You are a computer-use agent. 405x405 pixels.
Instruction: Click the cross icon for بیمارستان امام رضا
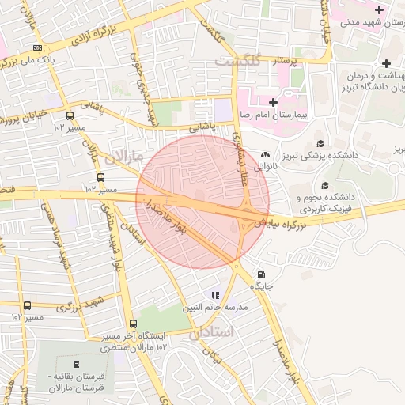point(273,102)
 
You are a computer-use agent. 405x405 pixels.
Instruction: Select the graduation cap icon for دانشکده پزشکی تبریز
point(320,143)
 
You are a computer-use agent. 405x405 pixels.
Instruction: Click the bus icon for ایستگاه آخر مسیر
point(132,324)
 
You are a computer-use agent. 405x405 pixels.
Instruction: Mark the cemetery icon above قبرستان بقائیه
point(75,363)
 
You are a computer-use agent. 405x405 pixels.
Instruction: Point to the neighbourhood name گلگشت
point(237,61)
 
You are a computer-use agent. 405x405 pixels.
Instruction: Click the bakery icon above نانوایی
point(265,154)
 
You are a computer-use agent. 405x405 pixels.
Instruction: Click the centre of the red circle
point(202,202)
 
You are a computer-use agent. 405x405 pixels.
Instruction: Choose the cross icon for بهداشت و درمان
point(385,64)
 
